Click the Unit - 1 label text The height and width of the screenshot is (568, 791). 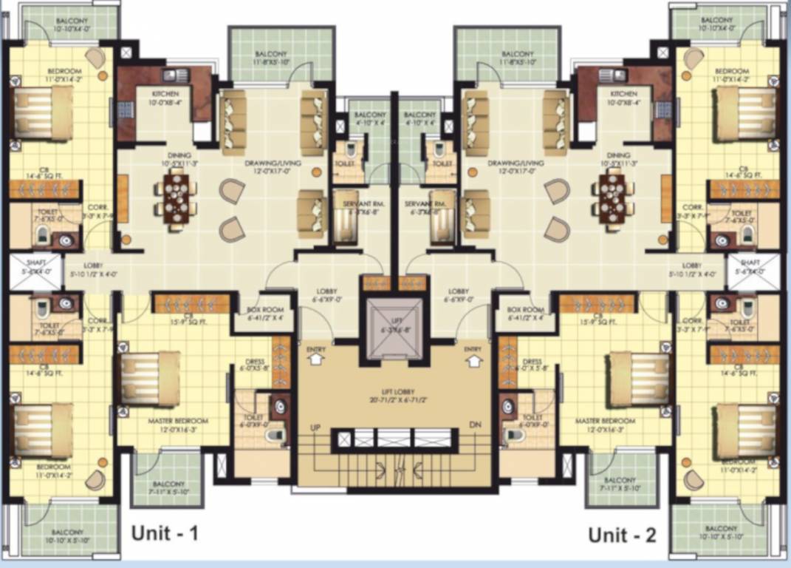click(165, 533)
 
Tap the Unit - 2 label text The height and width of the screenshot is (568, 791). click(622, 535)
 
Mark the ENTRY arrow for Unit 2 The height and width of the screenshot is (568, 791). click(473, 358)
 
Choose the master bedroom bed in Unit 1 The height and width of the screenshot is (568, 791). click(150, 378)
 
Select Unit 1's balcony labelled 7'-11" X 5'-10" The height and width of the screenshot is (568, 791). click(166, 479)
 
